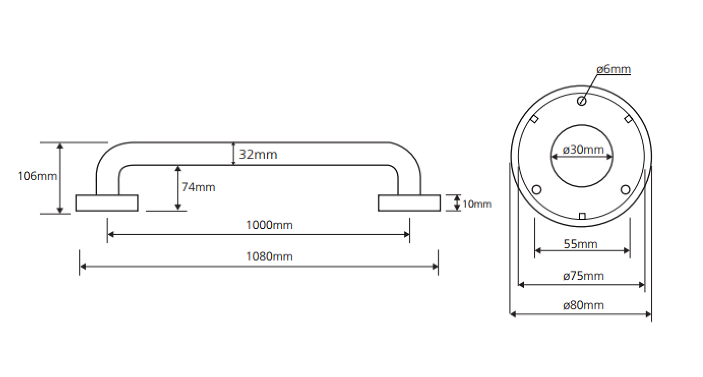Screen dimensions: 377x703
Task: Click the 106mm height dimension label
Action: [x=37, y=177]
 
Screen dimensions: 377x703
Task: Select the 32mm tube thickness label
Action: [x=258, y=154]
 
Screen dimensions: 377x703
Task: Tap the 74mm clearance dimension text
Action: [x=198, y=187]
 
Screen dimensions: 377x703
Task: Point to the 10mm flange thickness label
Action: [x=477, y=204]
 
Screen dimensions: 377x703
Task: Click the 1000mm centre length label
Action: [x=269, y=224]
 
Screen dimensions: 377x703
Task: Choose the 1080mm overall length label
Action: [x=269, y=256]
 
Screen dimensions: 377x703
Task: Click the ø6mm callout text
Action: [x=614, y=69]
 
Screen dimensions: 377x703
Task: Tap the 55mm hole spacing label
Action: [x=580, y=244]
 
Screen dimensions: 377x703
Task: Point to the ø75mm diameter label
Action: [x=583, y=276]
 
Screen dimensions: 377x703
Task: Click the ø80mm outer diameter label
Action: [x=583, y=305]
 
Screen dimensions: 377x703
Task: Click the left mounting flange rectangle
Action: [x=107, y=202]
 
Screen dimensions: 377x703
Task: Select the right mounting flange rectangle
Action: [x=409, y=202]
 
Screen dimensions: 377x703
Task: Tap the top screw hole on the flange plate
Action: [x=582, y=101]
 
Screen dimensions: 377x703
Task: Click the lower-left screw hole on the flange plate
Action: [x=536, y=190]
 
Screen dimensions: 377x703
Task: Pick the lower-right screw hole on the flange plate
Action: [x=625, y=190]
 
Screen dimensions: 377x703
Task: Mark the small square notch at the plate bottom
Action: [x=582, y=216]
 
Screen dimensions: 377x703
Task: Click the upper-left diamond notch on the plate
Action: [x=535, y=119]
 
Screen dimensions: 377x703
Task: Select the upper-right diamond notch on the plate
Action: [x=628, y=119]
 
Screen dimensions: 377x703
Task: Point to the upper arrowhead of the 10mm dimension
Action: [x=457, y=197]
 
